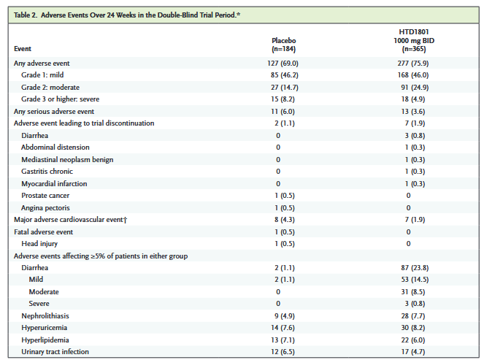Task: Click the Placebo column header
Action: click(284, 45)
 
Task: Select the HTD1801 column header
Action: click(414, 40)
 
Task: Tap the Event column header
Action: click(23, 49)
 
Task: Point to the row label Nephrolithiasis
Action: click(45, 316)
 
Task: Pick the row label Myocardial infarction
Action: click(54, 184)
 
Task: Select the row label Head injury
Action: click(39, 244)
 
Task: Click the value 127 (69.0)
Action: click(283, 64)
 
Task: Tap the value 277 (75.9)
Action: click(413, 64)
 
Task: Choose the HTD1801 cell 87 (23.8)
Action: click(415, 268)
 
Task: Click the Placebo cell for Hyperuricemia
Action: click(283, 328)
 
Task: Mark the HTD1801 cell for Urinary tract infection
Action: click(413, 352)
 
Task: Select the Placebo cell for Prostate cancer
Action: click(285, 196)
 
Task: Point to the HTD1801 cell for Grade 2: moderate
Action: click(415, 88)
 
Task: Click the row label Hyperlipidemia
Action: click(45, 340)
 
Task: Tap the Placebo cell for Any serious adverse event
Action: click(283, 112)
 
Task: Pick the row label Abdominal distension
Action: click(55, 148)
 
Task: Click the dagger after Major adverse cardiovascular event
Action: click(126, 220)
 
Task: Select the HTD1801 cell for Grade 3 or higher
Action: click(413, 99)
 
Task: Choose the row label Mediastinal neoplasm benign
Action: click(67, 160)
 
